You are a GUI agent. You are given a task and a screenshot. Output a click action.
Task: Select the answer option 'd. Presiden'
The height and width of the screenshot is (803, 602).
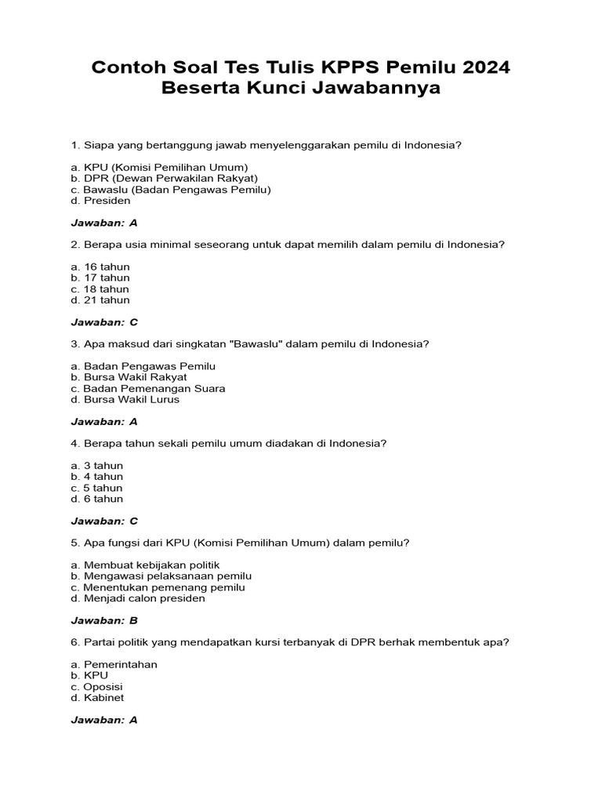[x=100, y=201]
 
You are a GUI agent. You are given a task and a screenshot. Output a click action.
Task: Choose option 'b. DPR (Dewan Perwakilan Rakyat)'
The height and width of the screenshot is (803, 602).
[x=164, y=178]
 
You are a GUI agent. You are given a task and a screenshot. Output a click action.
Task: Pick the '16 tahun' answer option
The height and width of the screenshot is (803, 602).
[x=100, y=267]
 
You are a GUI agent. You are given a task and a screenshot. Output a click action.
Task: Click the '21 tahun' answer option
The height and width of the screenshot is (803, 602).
[x=100, y=300]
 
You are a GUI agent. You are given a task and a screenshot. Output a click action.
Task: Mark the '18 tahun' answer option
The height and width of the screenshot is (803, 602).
[x=100, y=289]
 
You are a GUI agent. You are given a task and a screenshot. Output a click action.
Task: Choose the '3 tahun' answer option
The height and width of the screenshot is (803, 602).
[x=97, y=466]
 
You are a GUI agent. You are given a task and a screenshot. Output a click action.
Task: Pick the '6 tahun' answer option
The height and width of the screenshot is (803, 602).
[x=97, y=499]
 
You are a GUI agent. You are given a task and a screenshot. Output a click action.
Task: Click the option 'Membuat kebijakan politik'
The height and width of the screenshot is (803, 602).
[x=145, y=565]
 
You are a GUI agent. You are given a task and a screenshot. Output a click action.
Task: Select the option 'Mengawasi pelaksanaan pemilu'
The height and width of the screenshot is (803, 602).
[x=161, y=576]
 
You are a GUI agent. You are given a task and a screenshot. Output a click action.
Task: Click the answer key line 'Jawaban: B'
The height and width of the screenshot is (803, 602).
[x=104, y=620]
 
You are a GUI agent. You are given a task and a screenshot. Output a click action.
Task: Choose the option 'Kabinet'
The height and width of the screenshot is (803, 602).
[x=97, y=698]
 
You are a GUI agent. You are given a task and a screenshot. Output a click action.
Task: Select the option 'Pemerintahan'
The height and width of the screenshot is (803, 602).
[x=114, y=664]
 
